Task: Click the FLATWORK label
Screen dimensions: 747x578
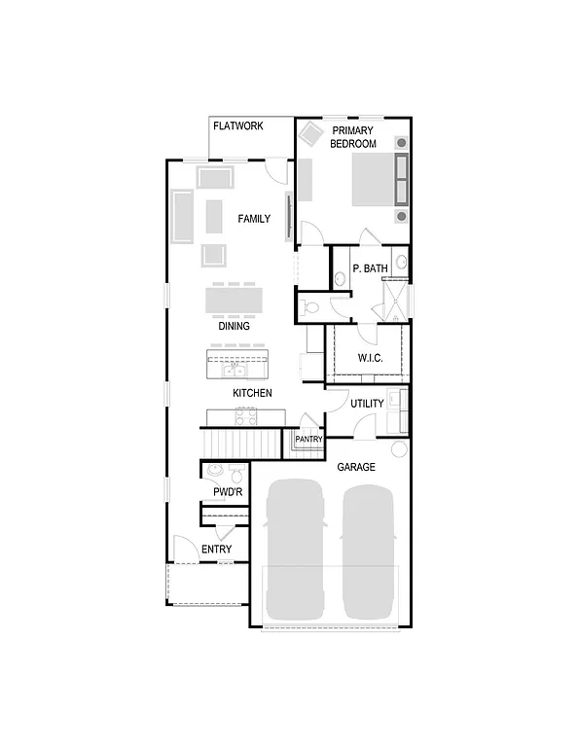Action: click(238, 125)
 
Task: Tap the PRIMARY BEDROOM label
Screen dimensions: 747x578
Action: click(352, 137)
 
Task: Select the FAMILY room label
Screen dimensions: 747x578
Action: click(254, 219)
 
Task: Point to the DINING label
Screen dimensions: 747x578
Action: click(234, 327)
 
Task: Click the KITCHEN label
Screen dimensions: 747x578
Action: click(252, 393)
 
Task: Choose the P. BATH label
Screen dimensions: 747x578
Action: click(371, 267)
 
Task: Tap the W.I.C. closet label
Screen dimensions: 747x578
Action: click(370, 358)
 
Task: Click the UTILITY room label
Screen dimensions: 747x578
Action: click(367, 404)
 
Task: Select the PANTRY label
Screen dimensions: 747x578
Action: click(308, 440)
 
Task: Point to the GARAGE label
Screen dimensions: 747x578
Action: click(356, 468)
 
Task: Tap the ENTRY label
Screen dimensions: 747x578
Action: click(216, 550)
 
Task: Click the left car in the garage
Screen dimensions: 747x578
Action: click(295, 550)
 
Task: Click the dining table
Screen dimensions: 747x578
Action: click(234, 299)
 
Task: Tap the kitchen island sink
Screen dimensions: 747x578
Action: click(234, 370)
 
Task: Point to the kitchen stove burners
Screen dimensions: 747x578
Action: click(244, 416)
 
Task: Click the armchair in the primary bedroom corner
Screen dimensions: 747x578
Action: click(311, 133)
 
